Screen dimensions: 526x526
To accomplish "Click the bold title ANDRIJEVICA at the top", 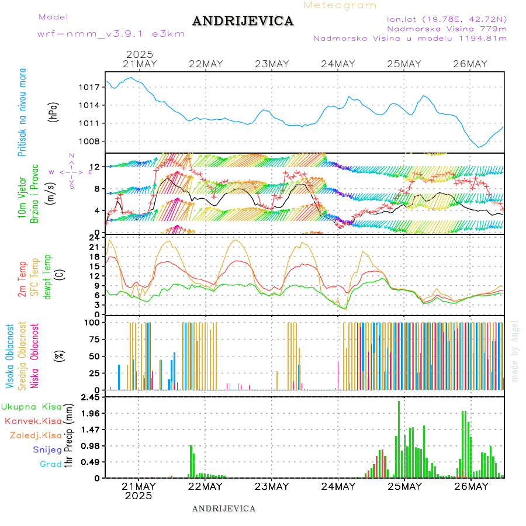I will (x=243, y=21).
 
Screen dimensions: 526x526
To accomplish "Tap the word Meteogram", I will (x=340, y=5).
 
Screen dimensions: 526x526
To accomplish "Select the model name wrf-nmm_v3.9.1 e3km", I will (x=111, y=34).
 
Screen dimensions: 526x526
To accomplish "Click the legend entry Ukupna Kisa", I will (x=31, y=407).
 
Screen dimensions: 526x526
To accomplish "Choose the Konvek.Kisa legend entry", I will (x=33, y=421).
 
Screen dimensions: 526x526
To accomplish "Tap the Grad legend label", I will (x=51, y=464).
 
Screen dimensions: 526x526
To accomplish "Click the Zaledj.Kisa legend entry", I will (x=36, y=435).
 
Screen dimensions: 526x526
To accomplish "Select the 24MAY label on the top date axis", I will (x=338, y=64).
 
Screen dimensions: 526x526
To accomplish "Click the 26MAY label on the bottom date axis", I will (x=470, y=486).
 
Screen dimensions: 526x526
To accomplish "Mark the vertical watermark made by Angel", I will (x=515, y=351).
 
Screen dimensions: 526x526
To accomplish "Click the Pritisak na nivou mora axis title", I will (x=22, y=112).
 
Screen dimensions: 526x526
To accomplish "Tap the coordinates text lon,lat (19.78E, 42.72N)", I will (x=442, y=19).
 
